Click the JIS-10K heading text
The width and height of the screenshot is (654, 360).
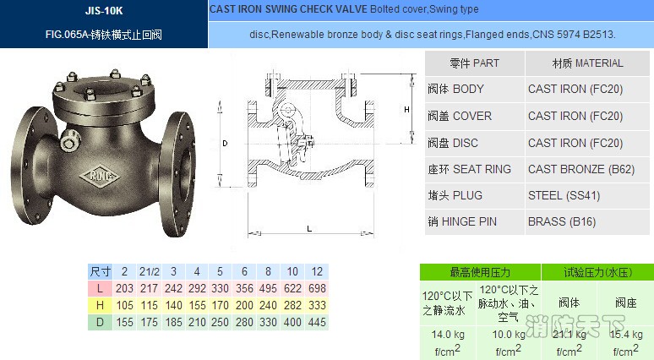[x=104, y=10]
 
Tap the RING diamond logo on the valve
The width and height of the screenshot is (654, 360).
[x=99, y=176]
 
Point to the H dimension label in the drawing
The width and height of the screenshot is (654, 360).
[x=406, y=110]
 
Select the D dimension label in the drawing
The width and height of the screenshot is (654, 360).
[x=225, y=144]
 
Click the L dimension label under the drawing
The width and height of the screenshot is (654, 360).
[x=309, y=229]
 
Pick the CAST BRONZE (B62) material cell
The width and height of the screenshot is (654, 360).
[x=581, y=169]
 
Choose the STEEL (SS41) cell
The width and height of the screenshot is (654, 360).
[x=564, y=196]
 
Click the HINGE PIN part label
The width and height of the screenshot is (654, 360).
[x=469, y=221]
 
